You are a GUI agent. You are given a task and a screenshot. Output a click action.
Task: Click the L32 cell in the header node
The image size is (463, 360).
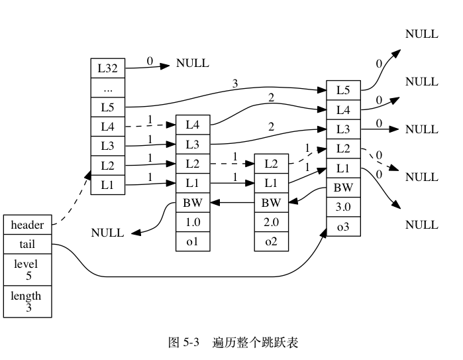click(107, 67)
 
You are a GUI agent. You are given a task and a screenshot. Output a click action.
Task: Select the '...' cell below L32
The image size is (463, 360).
click(107, 87)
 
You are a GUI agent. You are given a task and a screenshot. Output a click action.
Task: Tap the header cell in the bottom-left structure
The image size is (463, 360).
click(27, 225)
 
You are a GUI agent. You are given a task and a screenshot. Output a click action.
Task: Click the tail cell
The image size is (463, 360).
click(27, 245)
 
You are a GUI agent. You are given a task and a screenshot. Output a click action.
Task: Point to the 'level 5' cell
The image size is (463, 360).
click(27, 269)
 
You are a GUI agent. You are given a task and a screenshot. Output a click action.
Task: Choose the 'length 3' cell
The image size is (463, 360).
click(27, 301)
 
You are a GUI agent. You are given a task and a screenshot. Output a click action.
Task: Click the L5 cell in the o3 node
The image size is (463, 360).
click(343, 90)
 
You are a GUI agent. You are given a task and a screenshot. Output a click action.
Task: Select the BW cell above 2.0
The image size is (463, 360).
click(272, 202)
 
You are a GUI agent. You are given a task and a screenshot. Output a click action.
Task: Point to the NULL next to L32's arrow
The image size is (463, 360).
click(192, 64)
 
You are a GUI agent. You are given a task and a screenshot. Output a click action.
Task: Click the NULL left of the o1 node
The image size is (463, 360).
click(107, 233)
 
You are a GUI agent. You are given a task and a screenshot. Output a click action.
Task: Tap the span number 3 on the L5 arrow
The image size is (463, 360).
click(235, 84)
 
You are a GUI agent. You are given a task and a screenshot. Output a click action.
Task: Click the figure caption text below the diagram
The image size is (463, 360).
click(233, 343)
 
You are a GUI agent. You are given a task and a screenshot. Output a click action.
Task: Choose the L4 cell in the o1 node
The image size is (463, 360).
click(193, 124)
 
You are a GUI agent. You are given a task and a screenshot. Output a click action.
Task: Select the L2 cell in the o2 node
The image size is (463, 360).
click(272, 163)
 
